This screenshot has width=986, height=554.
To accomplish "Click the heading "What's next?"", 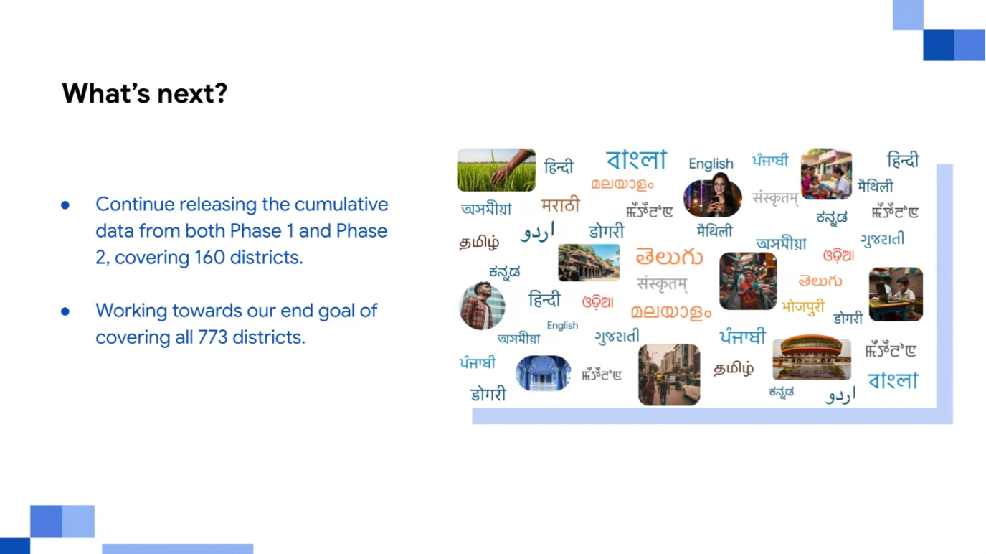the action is (x=144, y=94).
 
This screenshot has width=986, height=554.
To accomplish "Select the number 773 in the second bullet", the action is (x=212, y=337).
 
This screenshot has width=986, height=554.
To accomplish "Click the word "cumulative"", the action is (x=341, y=205).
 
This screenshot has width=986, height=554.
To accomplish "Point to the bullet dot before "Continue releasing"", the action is (x=65, y=205).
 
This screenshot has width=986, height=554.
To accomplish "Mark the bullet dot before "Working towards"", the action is (x=65, y=311).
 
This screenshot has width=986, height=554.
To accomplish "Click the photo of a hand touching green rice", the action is (x=496, y=170).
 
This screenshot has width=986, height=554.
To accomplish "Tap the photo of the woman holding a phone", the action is (x=712, y=195).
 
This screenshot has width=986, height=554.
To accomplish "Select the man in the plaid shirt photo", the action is (x=482, y=306).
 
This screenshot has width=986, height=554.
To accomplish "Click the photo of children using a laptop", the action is (x=896, y=294).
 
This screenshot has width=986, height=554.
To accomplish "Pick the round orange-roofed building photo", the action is (x=812, y=357).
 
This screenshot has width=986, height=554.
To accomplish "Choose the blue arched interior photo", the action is (x=543, y=373).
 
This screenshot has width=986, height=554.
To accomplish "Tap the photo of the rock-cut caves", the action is (x=589, y=263).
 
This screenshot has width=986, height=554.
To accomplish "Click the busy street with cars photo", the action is (x=669, y=375).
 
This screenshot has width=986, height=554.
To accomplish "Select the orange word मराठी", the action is (x=560, y=205).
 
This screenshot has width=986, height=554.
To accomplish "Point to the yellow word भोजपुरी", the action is (x=803, y=306).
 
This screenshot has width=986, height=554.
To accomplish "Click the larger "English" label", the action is (x=711, y=164).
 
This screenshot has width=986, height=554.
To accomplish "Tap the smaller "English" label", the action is (x=562, y=326).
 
